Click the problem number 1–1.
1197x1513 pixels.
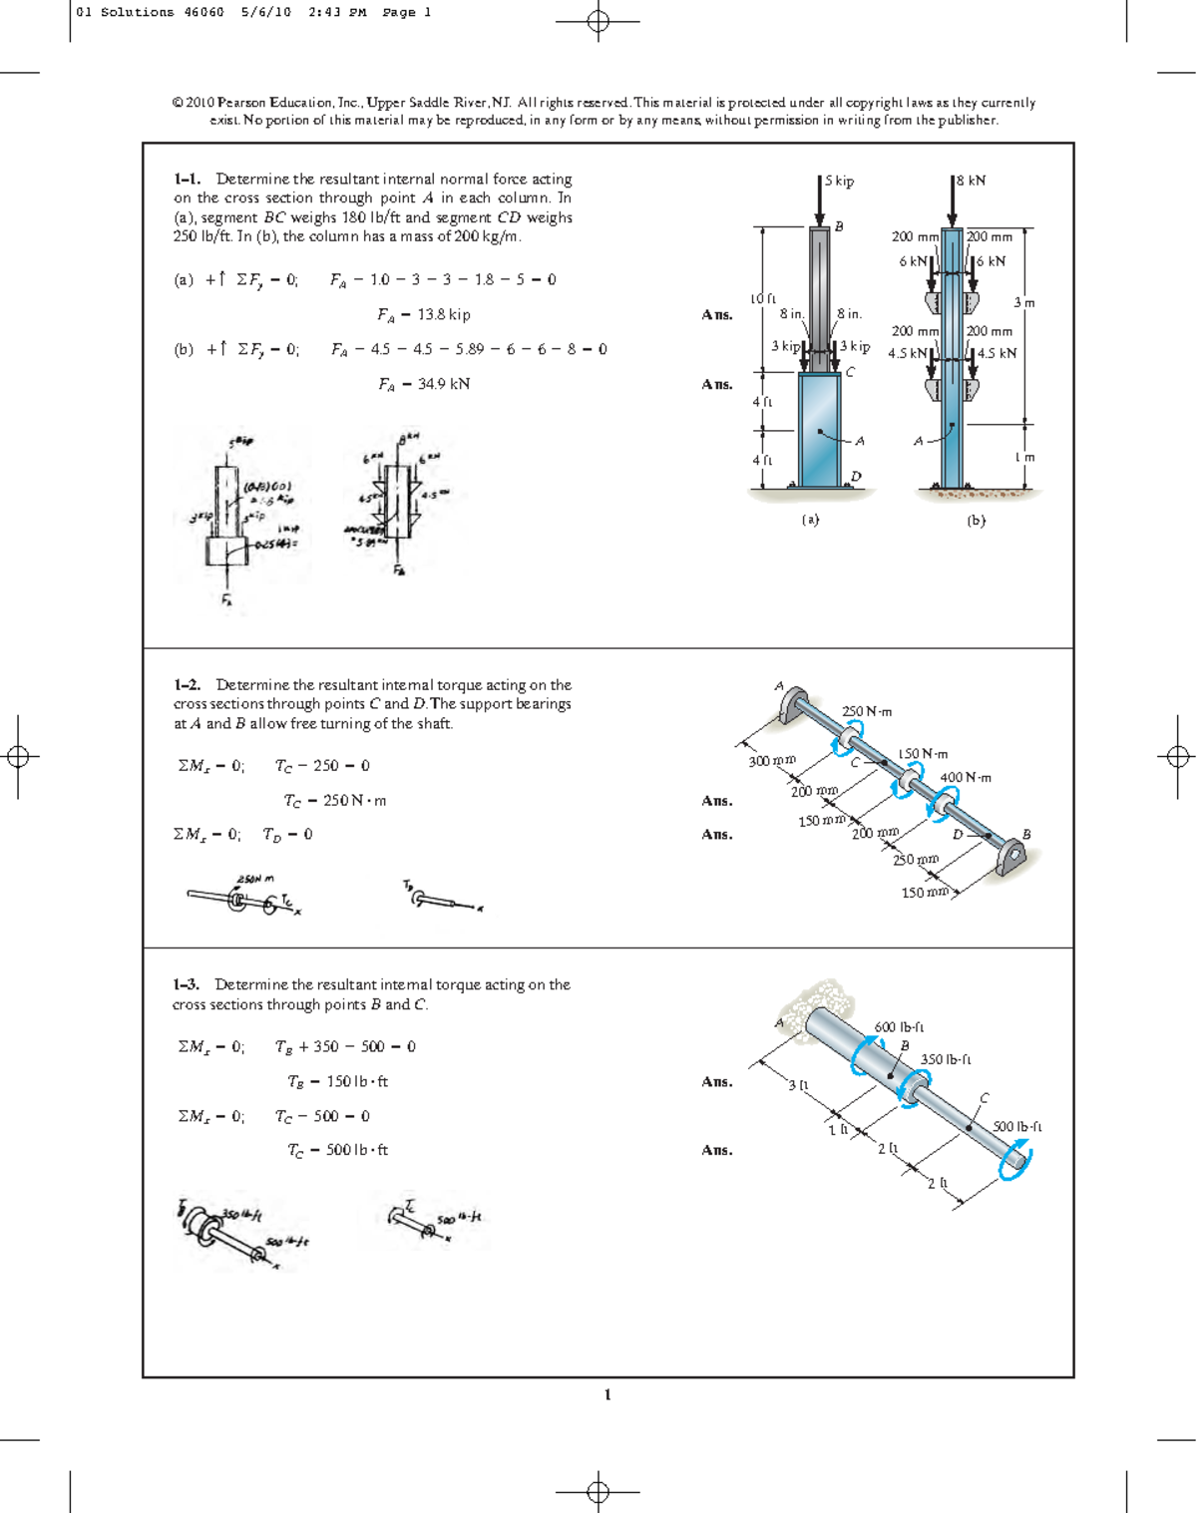click(x=187, y=180)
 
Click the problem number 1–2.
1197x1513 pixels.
click(x=187, y=685)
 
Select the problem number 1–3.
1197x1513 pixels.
click(x=187, y=984)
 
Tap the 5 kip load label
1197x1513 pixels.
click(x=839, y=182)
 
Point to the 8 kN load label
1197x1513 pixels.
click(x=971, y=181)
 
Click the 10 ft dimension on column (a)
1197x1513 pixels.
click(x=762, y=298)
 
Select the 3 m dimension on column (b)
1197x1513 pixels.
click(x=1024, y=302)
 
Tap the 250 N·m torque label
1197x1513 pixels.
click(x=867, y=711)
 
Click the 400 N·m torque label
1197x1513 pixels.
click(x=966, y=777)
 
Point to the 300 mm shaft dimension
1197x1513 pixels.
click(x=772, y=760)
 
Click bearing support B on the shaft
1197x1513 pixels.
click(x=1010, y=856)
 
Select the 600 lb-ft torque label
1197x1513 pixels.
click(x=899, y=1026)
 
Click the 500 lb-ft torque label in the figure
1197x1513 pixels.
click(x=1017, y=1126)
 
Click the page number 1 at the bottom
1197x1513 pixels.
click(x=607, y=1394)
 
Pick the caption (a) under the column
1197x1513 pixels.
click(x=810, y=520)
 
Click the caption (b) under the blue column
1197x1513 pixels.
click(x=976, y=520)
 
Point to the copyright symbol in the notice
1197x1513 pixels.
click(x=178, y=103)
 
